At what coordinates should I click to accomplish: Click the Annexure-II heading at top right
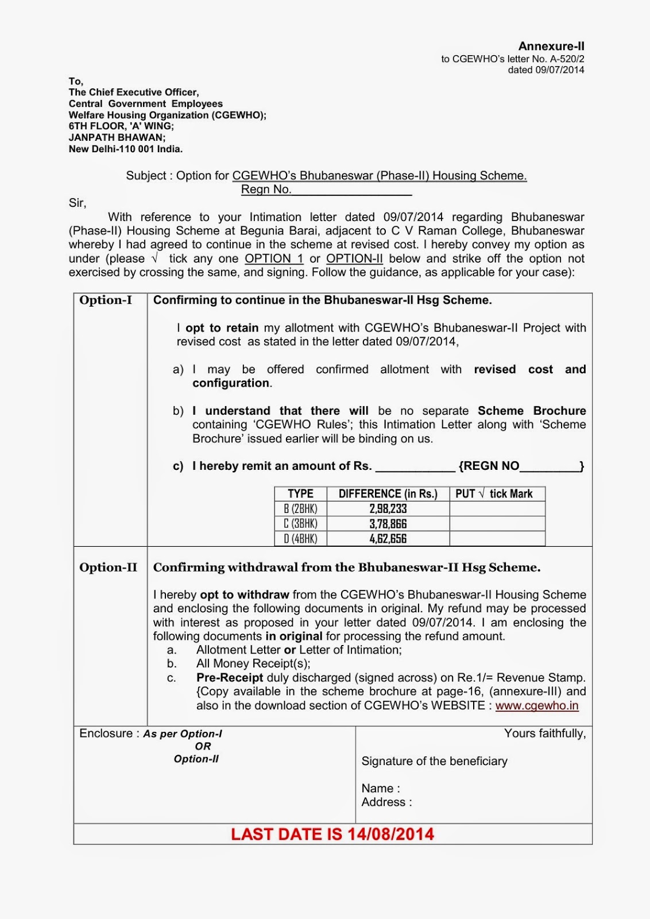click(551, 46)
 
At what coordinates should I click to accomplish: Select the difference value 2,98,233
click(388, 509)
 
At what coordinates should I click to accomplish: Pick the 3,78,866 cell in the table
click(388, 524)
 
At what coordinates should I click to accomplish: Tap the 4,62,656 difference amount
click(388, 539)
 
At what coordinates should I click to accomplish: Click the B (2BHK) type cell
click(300, 509)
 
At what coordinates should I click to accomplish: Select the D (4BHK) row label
click(300, 539)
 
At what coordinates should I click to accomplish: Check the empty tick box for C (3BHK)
click(497, 524)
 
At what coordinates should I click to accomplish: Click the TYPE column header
click(300, 494)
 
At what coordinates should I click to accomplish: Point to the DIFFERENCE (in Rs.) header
click(388, 494)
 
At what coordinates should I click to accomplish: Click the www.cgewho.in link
click(537, 706)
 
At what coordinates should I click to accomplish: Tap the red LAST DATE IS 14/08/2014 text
click(332, 835)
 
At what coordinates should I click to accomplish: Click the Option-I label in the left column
click(106, 300)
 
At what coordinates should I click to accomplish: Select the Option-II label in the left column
click(108, 567)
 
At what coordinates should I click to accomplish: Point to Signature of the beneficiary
click(434, 761)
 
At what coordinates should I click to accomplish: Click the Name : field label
click(381, 789)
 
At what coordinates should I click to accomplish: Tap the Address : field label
click(386, 802)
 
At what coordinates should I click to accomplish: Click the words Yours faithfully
click(545, 733)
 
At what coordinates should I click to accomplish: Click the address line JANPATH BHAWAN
click(117, 138)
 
